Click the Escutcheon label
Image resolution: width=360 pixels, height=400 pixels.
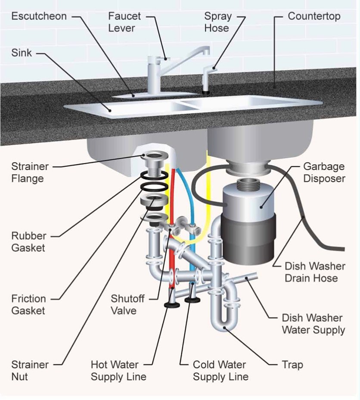click(x=39, y=16)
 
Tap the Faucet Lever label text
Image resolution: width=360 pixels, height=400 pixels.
click(x=124, y=22)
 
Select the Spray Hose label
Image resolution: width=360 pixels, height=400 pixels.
click(x=217, y=22)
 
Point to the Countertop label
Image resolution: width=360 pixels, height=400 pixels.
click(x=314, y=16)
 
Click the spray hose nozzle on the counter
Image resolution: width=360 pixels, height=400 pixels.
click(x=208, y=78)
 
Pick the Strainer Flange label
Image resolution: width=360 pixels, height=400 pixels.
click(x=30, y=172)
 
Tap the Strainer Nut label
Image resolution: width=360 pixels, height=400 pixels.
click(x=30, y=370)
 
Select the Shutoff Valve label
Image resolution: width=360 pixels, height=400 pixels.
click(x=127, y=304)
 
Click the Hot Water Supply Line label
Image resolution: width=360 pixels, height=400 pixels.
click(x=118, y=370)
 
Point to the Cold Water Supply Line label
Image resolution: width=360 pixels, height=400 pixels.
click(x=220, y=370)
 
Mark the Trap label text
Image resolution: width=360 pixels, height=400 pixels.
click(x=292, y=365)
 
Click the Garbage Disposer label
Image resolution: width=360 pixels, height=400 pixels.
click(x=324, y=172)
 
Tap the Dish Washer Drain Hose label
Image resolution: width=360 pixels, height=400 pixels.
click(x=314, y=272)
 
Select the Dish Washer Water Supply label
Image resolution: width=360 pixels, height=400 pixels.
click(x=313, y=324)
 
